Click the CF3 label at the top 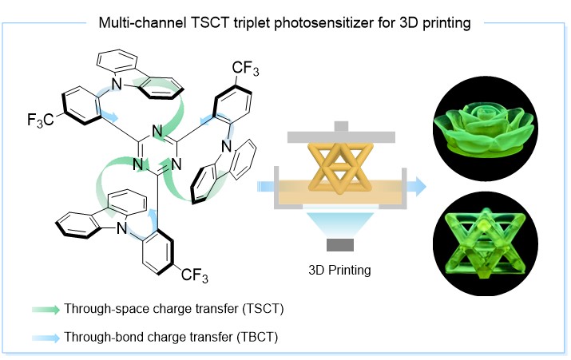click(245, 69)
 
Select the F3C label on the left click(41, 120)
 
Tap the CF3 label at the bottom click(195, 275)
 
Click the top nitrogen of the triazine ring click(157, 131)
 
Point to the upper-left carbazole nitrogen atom click(116, 84)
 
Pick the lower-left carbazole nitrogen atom click(121, 228)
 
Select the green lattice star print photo click(485, 244)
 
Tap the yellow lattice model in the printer click(340, 167)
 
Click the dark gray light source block click(340, 245)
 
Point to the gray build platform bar click(341, 136)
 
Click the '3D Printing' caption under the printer click(339, 270)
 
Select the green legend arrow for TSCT click(46, 310)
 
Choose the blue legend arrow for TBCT click(46, 338)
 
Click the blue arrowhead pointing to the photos click(421, 186)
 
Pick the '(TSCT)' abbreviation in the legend click(263, 309)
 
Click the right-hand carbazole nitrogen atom click(227, 146)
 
